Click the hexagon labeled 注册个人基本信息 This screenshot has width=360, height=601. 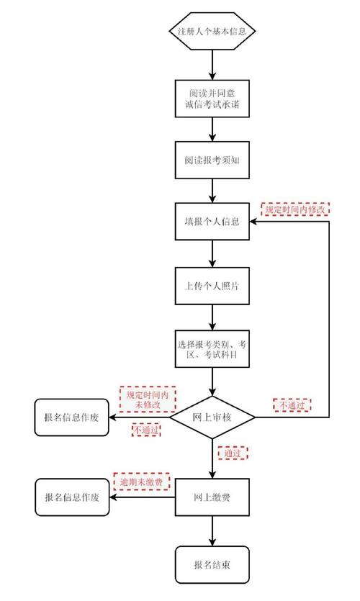tap(212, 32)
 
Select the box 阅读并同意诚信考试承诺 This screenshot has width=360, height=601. tap(212, 99)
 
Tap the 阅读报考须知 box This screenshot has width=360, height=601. tap(212, 159)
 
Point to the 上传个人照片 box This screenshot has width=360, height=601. tap(212, 286)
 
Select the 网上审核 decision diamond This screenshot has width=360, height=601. tap(212, 417)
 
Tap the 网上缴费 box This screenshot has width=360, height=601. tap(212, 497)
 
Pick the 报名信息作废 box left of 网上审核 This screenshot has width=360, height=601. tap(73, 417)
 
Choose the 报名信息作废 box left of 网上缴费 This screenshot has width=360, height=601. tap(73, 497)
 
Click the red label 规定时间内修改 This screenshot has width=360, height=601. tap(294, 209)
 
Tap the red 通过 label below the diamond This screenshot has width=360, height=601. tap(232, 453)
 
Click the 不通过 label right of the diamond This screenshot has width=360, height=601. tap(292, 405)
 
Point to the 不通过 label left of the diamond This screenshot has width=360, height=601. tap(145, 430)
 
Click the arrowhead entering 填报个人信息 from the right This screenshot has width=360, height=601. tap(254, 220)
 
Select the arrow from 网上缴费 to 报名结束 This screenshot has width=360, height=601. tap(212, 531)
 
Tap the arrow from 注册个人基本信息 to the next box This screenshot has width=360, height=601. tap(212, 65)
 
